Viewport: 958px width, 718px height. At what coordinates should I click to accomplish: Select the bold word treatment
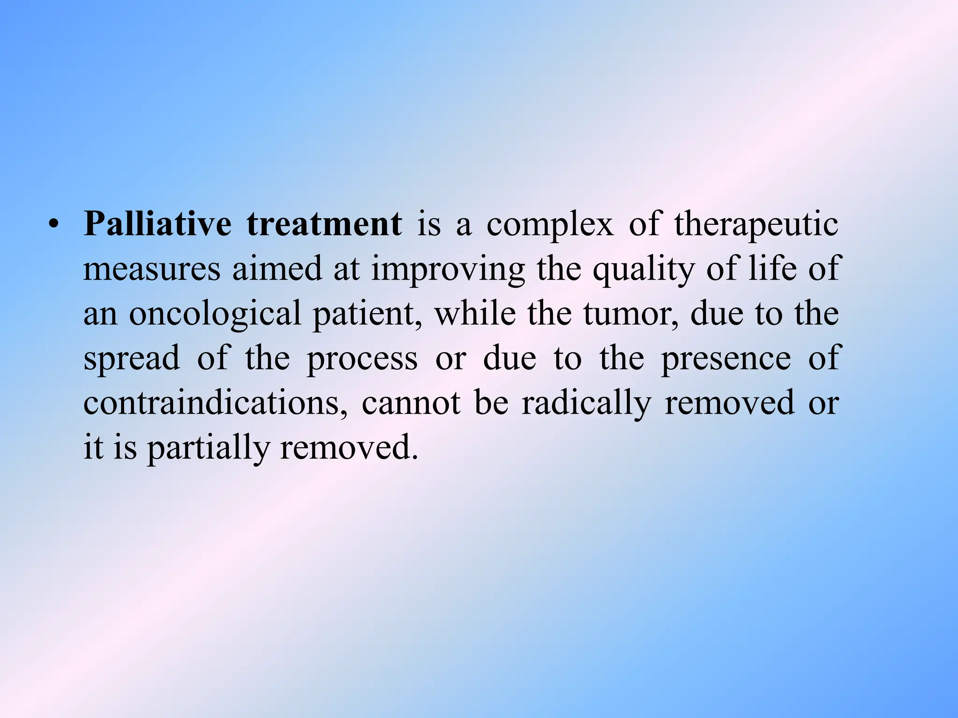(324, 224)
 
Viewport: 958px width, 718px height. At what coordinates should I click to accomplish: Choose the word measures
(152, 269)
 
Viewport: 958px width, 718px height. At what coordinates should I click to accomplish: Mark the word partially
(209, 448)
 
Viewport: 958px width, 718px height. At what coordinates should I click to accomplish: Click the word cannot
(411, 402)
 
